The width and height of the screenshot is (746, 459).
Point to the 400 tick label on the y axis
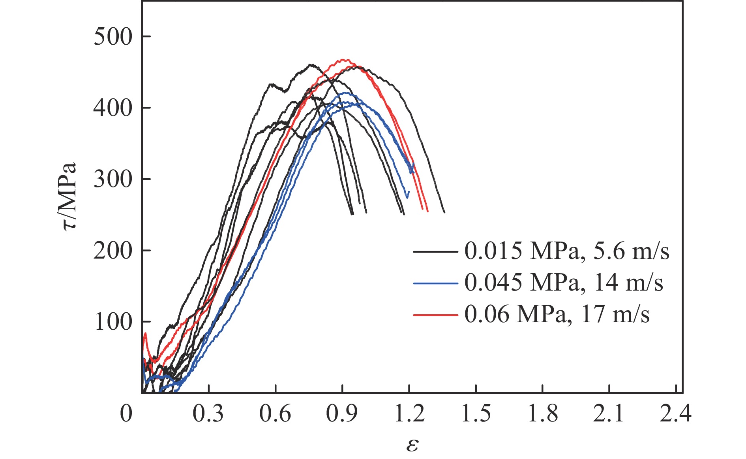(x=112, y=108)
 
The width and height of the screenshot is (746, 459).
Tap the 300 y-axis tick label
(x=112, y=179)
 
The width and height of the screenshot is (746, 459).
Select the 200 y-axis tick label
(x=112, y=251)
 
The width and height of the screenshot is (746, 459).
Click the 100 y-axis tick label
(x=112, y=322)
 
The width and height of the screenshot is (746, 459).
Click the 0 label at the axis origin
(x=126, y=414)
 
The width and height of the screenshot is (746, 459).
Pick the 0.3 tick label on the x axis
(x=208, y=414)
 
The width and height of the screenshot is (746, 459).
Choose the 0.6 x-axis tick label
(x=275, y=414)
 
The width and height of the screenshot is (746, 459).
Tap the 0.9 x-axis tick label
(x=342, y=414)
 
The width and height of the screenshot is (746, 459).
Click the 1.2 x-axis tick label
(x=409, y=414)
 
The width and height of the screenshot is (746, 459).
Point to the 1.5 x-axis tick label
(x=476, y=414)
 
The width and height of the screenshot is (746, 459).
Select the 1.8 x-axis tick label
(x=542, y=414)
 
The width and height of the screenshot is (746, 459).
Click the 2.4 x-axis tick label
(x=676, y=414)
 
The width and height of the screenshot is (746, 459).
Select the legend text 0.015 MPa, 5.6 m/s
(x=567, y=251)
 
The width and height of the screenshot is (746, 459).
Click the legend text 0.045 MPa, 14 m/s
(x=564, y=283)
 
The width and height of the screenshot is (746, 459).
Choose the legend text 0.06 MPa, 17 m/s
(x=557, y=315)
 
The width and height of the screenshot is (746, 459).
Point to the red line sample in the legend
(x=435, y=315)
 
